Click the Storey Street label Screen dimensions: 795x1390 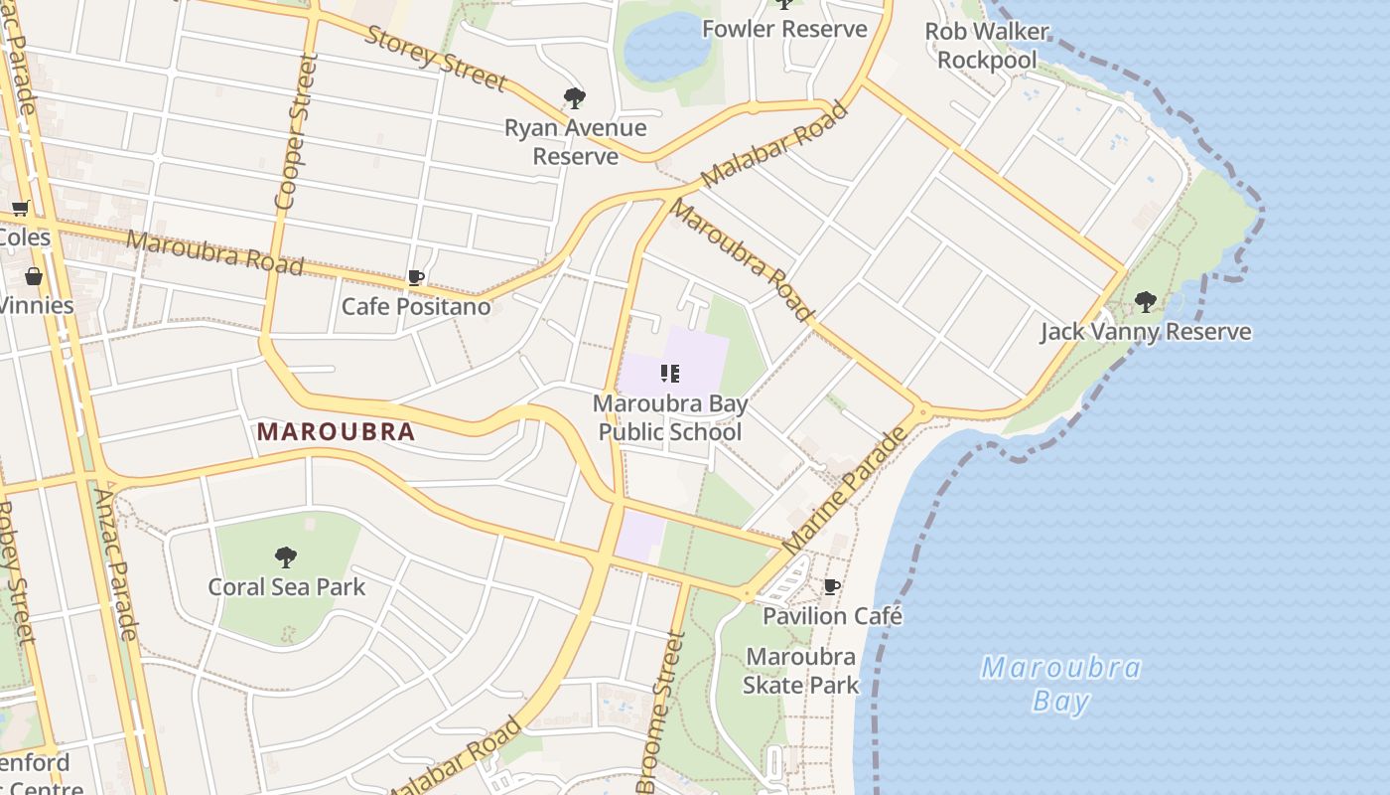point(436,58)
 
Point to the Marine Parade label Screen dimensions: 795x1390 point(844,491)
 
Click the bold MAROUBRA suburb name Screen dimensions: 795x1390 point(336,432)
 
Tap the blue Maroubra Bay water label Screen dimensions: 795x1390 point(1060,684)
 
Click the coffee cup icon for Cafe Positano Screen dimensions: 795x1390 point(416,278)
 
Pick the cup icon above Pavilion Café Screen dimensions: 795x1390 point(832,587)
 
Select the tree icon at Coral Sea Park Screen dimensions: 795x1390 point(286,556)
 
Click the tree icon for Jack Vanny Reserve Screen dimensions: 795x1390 point(1145,301)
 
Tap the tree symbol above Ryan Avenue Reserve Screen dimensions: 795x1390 point(574,97)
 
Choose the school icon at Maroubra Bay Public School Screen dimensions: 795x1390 point(670,374)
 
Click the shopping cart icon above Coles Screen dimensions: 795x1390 point(20,209)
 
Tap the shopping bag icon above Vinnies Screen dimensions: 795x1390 point(34,275)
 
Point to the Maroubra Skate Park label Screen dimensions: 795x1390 point(801,671)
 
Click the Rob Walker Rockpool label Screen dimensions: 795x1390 point(987,46)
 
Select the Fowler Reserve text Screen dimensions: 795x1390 point(784,29)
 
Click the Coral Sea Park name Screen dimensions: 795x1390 point(286,587)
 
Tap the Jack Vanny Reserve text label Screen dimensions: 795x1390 point(1146,331)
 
